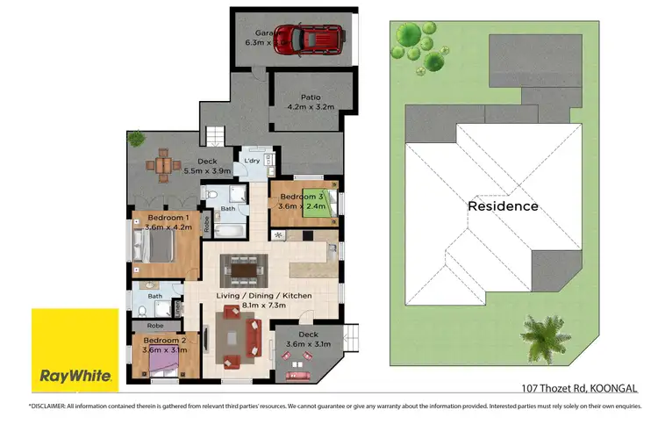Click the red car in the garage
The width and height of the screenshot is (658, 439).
click(x=315, y=39)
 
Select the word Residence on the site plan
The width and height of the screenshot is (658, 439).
click(x=503, y=206)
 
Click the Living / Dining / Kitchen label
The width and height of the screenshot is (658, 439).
click(x=264, y=296)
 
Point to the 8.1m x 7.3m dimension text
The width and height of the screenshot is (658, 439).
click(x=264, y=306)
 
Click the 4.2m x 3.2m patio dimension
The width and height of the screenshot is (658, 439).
click(x=311, y=108)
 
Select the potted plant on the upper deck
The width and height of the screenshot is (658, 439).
click(x=136, y=139)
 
